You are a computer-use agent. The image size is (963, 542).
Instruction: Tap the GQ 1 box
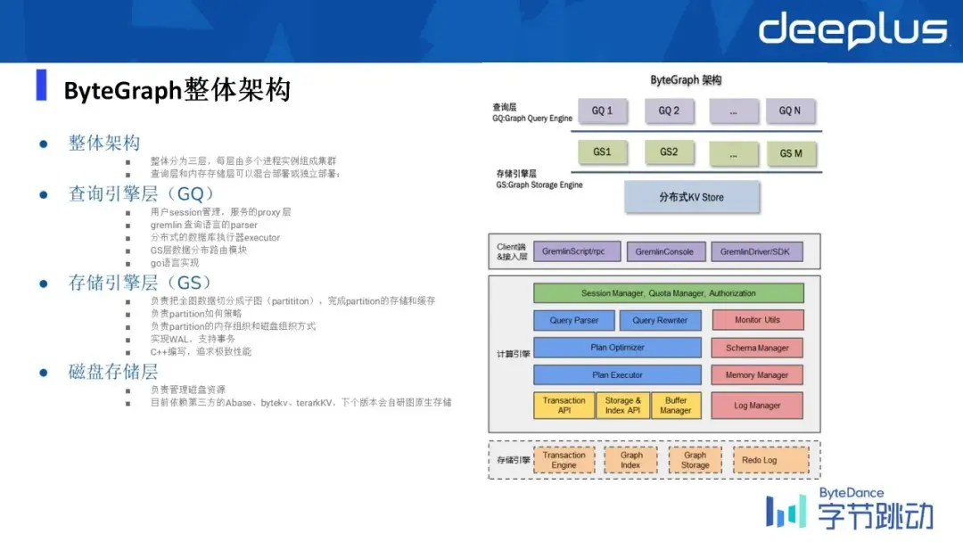click(x=602, y=111)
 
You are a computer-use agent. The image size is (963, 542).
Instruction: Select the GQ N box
click(x=790, y=111)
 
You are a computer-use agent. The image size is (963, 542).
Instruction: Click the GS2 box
click(x=669, y=152)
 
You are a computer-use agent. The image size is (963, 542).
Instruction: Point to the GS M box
click(x=790, y=153)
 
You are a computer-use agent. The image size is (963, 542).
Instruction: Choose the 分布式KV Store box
click(x=692, y=197)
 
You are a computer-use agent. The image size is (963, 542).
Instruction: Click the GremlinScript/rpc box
click(x=575, y=252)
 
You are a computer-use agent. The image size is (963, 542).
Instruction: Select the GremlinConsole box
click(x=666, y=252)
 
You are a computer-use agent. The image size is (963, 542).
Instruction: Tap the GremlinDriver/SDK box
click(x=754, y=252)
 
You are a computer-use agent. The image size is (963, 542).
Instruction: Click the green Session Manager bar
click(x=669, y=293)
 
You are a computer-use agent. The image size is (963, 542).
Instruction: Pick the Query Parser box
click(x=574, y=320)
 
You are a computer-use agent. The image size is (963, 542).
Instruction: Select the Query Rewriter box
click(x=661, y=320)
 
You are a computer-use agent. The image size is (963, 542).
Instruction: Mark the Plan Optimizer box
click(x=617, y=348)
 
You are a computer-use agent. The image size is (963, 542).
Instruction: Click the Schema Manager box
click(x=757, y=348)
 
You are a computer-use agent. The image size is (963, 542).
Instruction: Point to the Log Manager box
click(x=757, y=406)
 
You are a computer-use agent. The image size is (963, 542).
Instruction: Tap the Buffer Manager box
click(x=675, y=406)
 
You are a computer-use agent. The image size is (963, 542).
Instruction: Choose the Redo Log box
click(x=759, y=460)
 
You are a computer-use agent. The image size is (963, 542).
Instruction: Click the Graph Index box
click(x=630, y=460)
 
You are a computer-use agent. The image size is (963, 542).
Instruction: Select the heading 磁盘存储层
click(x=113, y=372)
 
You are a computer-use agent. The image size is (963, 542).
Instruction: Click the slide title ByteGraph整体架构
click(x=177, y=91)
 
